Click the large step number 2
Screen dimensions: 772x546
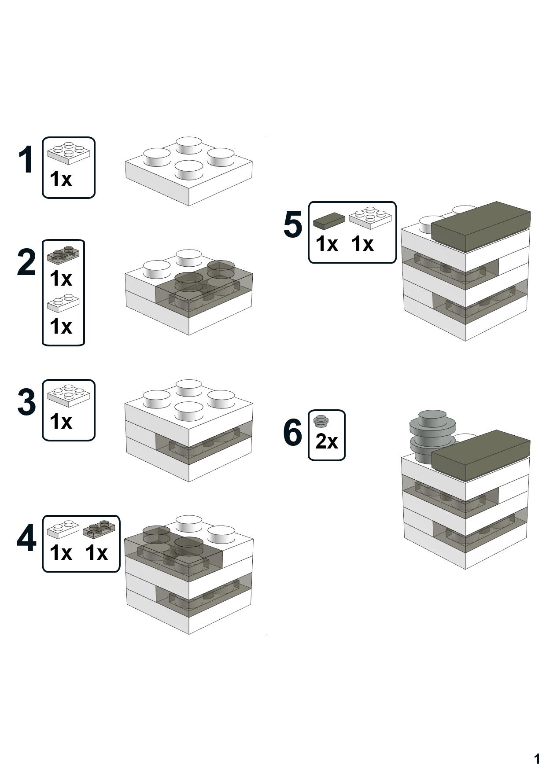pyautogui.click(x=26, y=263)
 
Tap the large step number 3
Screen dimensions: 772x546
pyautogui.click(x=26, y=402)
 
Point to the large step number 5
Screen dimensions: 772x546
pyautogui.click(x=293, y=225)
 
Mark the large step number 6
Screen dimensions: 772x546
pyautogui.click(x=293, y=433)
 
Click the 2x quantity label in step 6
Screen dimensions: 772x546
pyautogui.click(x=326, y=441)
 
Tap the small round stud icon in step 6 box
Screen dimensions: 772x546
pyautogui.click(x=321, y=421)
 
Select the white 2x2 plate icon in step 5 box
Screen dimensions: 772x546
pyautogui.click(x=370, y=218)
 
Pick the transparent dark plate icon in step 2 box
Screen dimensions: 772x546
pyautogui.click(x=63, y=254)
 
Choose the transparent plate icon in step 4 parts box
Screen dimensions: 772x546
pyautogui.click(x=101, y=529)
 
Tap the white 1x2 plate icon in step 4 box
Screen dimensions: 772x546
pyautogui.click(x=63, y=529)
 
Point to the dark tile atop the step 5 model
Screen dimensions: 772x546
pyautogui.click(x=480, y=225)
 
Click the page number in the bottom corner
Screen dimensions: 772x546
pyautogui.click(x=536, y=758)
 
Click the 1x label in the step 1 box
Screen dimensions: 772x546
pyautogui.click(x=61, y=179)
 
